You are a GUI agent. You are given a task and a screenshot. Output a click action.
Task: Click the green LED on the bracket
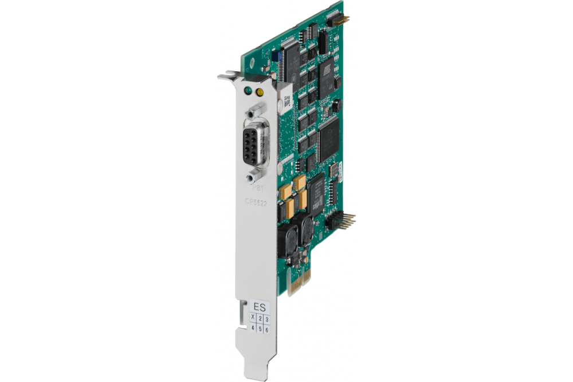248,91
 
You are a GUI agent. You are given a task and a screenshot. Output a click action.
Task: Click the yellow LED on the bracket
260,92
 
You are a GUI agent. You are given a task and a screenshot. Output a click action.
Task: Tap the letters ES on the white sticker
260,306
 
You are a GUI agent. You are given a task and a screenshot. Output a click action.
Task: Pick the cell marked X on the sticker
253,317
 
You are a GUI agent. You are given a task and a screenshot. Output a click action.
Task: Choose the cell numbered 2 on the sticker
260,318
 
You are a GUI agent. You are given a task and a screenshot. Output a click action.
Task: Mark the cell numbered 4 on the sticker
253,328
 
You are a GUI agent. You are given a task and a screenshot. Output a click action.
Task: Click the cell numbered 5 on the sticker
260,329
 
